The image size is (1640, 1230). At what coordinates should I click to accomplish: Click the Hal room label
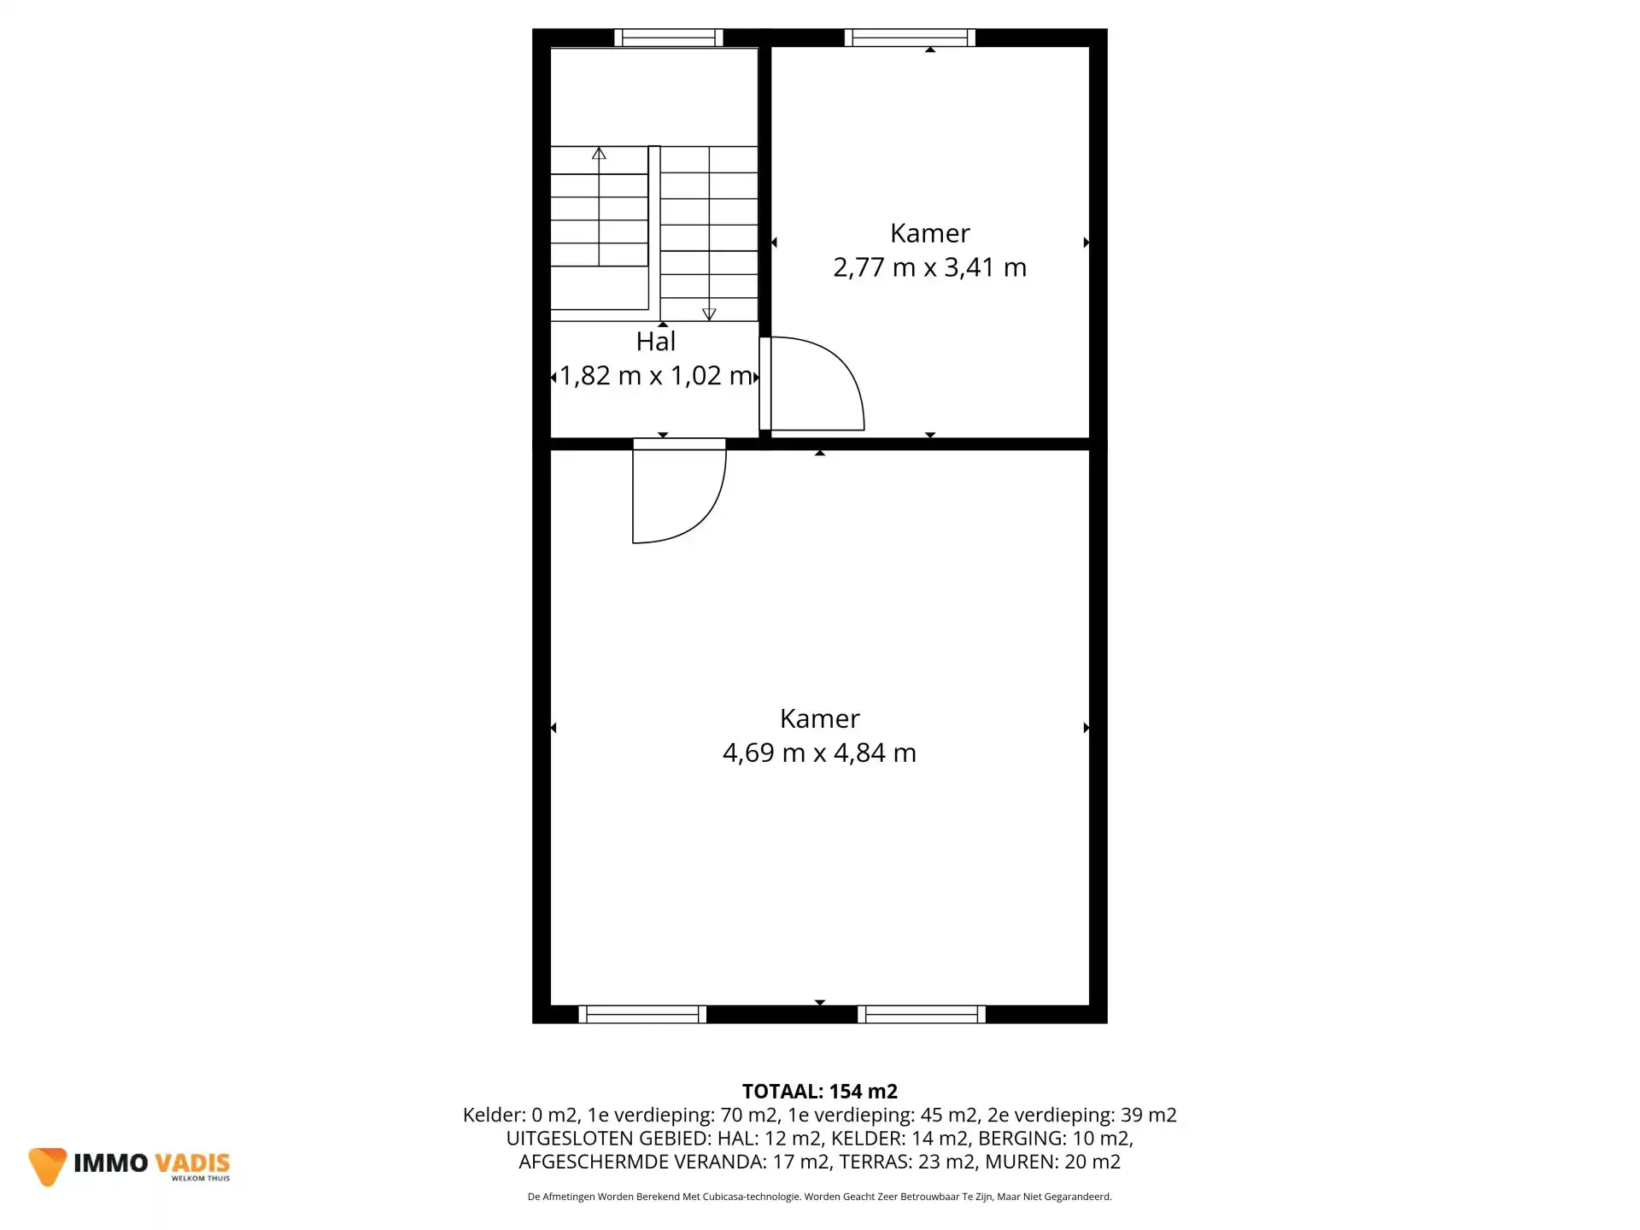pyautogui.click(x=656, y=342)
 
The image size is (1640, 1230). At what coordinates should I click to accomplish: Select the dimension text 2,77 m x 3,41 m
pyautogui.click(x=929, y=267)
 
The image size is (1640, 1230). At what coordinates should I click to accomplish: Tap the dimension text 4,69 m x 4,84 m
pyautogui.click(x=819, y=753)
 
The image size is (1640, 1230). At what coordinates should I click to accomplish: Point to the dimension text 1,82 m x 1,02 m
pyautogui.click(x=655, y=376)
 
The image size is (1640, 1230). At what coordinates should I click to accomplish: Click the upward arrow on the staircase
pyautogui.click(x=599, y=154)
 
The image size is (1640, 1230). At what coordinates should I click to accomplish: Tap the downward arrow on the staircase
pyautogui.click(x=709, y=314)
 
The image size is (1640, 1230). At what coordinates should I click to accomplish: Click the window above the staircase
pyautogui.click(x=669, y=38)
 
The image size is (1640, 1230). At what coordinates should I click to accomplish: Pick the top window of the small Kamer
pyautogui.click(x=910, y=38)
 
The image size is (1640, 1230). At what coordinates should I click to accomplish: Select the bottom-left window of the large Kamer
pyautogui.click(x=642, y=1014)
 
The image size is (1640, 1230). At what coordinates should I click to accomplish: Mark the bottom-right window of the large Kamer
pyautogui.click(x=922, y=1014)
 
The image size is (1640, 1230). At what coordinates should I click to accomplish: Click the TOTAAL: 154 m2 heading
pyautogui.click(x=819, y=1092)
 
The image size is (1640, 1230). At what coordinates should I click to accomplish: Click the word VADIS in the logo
pyautogui.click(x=192, y=1163)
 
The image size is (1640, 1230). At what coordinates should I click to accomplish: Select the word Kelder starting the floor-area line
pyautogui.click(x=491, y=1115)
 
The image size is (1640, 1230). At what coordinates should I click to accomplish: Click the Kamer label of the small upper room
pyautogui.click(x=929, y=233)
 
